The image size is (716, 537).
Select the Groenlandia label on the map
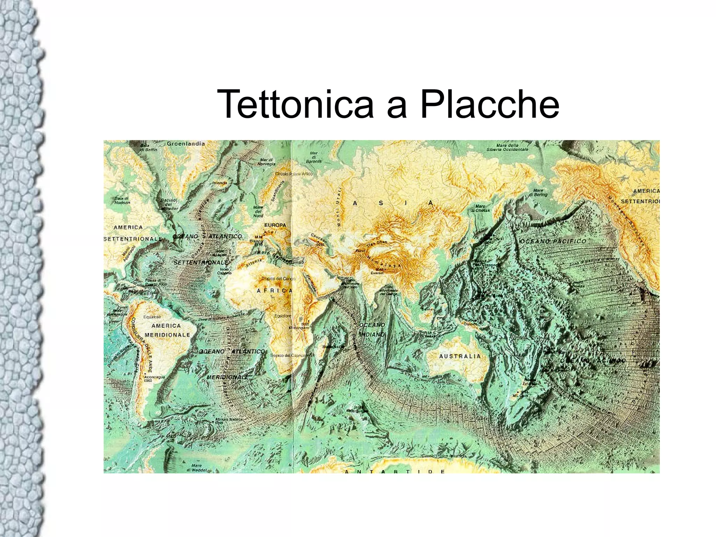(186, 143)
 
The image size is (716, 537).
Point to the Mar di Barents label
(314, 157)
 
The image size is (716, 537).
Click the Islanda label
(220, 183)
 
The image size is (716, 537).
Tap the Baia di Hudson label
(122, 200)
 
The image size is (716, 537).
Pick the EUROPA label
(275, 225)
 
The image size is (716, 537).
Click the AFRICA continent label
(275, 291)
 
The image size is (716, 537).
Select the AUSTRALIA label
(460, 356)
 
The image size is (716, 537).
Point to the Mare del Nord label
(258, 211)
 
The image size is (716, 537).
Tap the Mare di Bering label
(538, 192)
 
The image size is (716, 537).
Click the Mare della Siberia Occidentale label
(507, 147)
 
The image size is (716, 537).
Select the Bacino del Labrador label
(169, 204)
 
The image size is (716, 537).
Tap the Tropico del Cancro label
(279, 278)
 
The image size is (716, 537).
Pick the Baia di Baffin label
(149, 147)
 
